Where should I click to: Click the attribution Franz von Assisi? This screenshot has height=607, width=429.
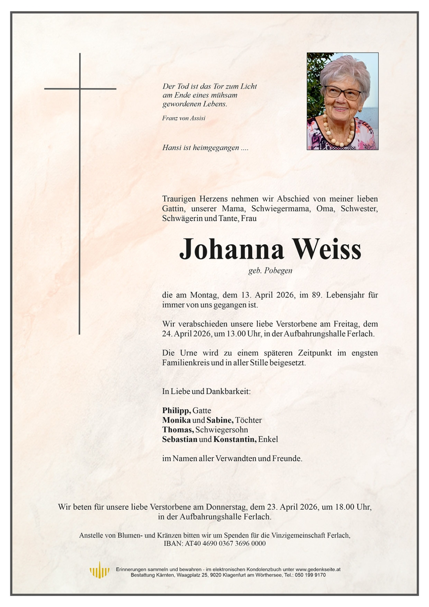click(x=184, y=118)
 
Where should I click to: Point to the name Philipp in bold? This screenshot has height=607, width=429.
click(x=176, y=410)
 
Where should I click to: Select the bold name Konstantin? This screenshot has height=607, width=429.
click(x=235, y=439)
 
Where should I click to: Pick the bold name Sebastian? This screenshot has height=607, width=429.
click(x=180, y=439)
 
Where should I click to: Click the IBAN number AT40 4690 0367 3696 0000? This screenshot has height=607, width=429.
click(x=225, y=543)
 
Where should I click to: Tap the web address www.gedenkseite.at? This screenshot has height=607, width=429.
click(x=318, y=569)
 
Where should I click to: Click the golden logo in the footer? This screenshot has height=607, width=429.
click(x=99, y=569)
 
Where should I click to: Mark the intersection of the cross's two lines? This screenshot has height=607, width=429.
click(x=80, y=89)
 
